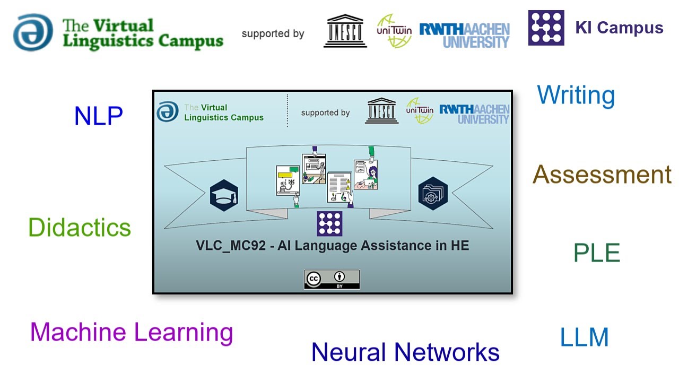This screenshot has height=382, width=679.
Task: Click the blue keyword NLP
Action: tap(99, 116)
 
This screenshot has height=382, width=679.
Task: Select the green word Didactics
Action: tap(80, 228)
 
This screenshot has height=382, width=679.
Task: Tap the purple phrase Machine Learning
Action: tap(132, 332)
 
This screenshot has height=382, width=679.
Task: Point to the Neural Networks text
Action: tap(405, 352)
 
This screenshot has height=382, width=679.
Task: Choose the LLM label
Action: tap(584, 337)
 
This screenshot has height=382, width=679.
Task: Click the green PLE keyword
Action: tap(597, 253)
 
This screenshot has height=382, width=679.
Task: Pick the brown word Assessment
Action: tap(602, 175)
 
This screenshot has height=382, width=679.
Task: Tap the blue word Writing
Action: tap(576, 95)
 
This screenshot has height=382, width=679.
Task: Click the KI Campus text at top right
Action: tap(619, 28)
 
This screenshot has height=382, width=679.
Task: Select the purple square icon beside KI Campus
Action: tap(546, 28)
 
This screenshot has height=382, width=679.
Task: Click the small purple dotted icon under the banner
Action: tap(329, 223)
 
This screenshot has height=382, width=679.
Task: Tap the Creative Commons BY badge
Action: tap(332, 280)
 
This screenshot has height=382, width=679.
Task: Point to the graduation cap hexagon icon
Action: tap(224, 195)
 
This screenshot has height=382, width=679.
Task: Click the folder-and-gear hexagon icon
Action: tap(433, 193)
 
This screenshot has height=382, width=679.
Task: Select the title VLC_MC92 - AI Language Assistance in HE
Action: tap(333, 246)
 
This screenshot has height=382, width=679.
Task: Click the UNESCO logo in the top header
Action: tap(345, 31)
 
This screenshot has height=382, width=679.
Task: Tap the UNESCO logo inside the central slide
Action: tap(381, 111)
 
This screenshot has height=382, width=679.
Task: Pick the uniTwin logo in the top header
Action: tap(394, 31)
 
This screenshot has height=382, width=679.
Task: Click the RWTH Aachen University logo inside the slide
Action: tap(474, 114)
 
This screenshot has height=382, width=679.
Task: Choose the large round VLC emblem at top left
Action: tap(33, 32)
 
